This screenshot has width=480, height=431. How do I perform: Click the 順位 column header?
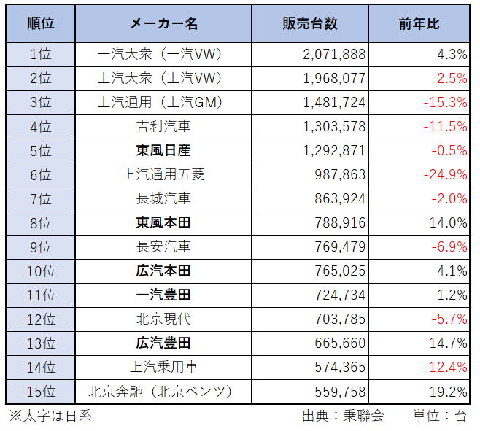pos(41,23)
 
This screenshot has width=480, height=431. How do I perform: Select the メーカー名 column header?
pos(164,23)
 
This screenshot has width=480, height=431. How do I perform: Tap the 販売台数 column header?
pos(310,23)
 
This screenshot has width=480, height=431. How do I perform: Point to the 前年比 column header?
pos(419,23)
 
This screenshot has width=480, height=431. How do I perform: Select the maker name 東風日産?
pos(164,150)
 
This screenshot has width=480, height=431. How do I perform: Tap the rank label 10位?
pos(41,271)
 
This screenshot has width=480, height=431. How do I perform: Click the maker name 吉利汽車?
pos(164,126)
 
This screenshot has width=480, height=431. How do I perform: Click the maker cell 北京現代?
pos(164,319)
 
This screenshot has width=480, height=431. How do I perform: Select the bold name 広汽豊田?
pos(164,343)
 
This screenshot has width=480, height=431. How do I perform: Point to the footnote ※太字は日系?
pos(50,416)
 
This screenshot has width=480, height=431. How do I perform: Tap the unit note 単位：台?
pos(439,416)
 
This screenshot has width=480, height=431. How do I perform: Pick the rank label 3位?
pos(41,102)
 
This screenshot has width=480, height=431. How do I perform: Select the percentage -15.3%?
pos(445,102)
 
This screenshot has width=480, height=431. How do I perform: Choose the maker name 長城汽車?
pos(164,198)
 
